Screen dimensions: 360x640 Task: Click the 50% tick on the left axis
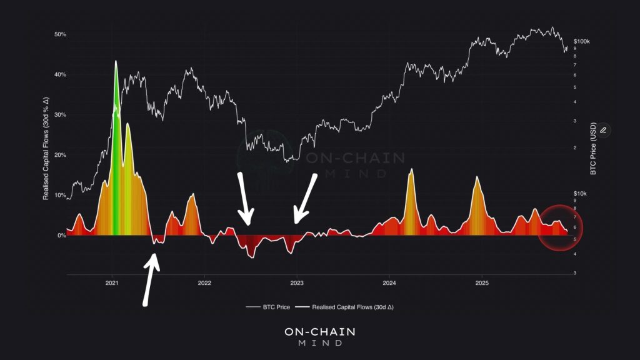pyautogui.click(x=60, y=34)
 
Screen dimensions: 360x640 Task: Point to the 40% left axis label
pyautogui.click(x=60, y=74)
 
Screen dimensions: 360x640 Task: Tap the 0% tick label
pyautogui.click(x=62, y=236)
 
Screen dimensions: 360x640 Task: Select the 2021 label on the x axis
pyautogui.click(x=112, y=283)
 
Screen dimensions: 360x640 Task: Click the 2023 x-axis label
pyautogui.click(x=297, y=283)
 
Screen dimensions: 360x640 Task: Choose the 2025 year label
pyautogui.click(x=481, y=283)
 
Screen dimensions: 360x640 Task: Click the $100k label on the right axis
pyautogui.click(x=582, y=41)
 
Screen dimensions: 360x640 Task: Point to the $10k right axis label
pyautogui.click(x=581, y=194)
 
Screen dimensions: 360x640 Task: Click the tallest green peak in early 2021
pyautogui.click(x=116, y=62)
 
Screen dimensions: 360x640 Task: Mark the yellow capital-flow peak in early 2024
pyautogui.click(x=411, y=170)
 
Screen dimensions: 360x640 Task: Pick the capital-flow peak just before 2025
pyautogui.click(x=477, y=178)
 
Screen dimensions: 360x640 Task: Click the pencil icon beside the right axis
pyautogui.click(x=603, y=130)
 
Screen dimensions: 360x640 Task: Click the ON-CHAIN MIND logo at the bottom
pyautogui.click(x=319, y=336)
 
